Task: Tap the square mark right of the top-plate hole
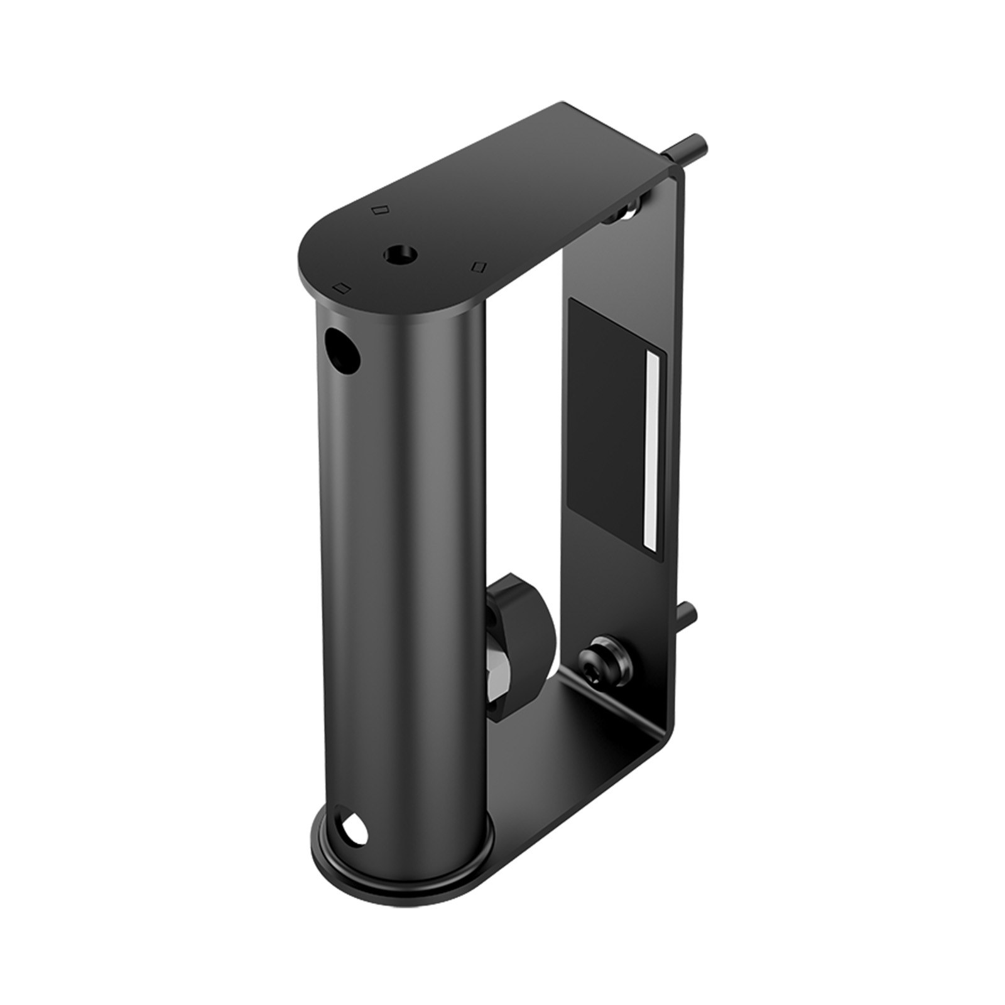[479, 266]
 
